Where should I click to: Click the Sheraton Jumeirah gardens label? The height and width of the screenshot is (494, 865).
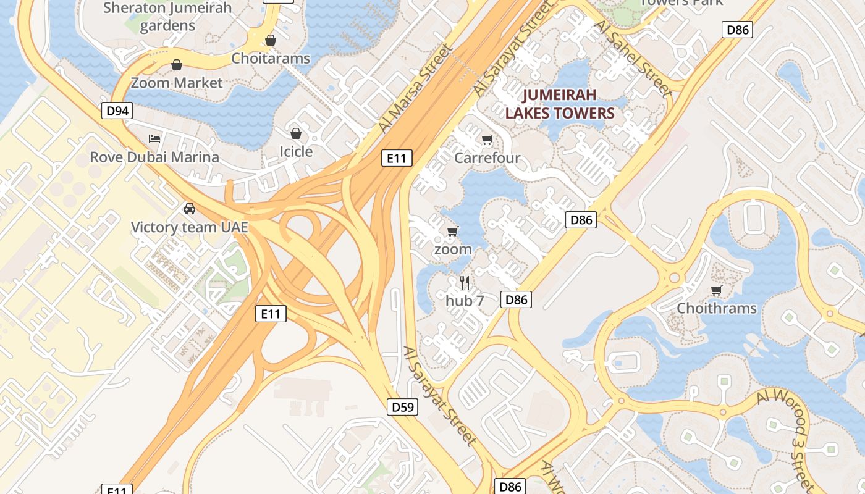coord(167,16)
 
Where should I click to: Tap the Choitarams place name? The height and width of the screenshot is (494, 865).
coord(271,58)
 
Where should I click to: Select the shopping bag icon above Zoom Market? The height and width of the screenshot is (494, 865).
coord(177,65)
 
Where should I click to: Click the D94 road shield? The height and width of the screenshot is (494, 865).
coord(117,111)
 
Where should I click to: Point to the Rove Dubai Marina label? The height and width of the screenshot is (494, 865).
coord(154,157)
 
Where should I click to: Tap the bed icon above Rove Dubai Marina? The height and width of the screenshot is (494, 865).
coord(154,139)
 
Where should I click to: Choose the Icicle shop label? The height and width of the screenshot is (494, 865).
coord(296,151)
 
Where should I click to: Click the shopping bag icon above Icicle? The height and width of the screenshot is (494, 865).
coord(296,133)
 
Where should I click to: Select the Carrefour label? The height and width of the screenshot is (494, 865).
coord(487,157)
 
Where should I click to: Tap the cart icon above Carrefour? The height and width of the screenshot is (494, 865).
coord(487,140)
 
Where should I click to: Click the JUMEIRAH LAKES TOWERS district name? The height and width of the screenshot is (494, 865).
coord(560,104)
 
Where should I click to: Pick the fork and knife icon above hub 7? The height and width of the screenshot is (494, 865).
coord(465,283)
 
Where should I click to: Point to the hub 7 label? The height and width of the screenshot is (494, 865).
coord(465,301)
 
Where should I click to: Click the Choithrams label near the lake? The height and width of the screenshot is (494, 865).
coord(717,308)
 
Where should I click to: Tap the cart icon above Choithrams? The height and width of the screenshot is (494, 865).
coord(717,290)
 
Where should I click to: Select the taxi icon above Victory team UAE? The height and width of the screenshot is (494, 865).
coord(190,209)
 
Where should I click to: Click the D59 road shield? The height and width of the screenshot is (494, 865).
coord(402,407)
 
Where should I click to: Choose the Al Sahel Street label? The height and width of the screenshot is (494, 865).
coord(633,59)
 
